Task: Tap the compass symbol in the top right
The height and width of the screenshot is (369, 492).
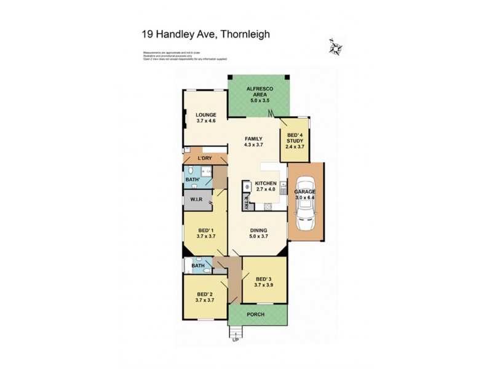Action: tap(335, 47)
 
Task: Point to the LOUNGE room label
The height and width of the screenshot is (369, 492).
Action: tap(206, 118)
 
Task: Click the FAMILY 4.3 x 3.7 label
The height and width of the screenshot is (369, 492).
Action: tap(253, 142)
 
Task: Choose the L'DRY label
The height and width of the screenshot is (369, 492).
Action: tap(204, 159)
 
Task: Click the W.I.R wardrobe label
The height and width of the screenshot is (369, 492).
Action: tap(197, 199)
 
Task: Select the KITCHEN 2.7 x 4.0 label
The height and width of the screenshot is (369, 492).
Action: tap(267, 187)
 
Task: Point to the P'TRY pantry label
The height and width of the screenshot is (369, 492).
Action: tap(245, 202)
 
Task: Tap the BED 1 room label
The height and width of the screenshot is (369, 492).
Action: tap(205, 232)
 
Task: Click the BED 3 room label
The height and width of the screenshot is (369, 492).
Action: tap(263, 280)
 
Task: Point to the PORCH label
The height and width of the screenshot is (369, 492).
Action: tap(256, 314)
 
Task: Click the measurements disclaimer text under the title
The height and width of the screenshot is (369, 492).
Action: tap(184, 56)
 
